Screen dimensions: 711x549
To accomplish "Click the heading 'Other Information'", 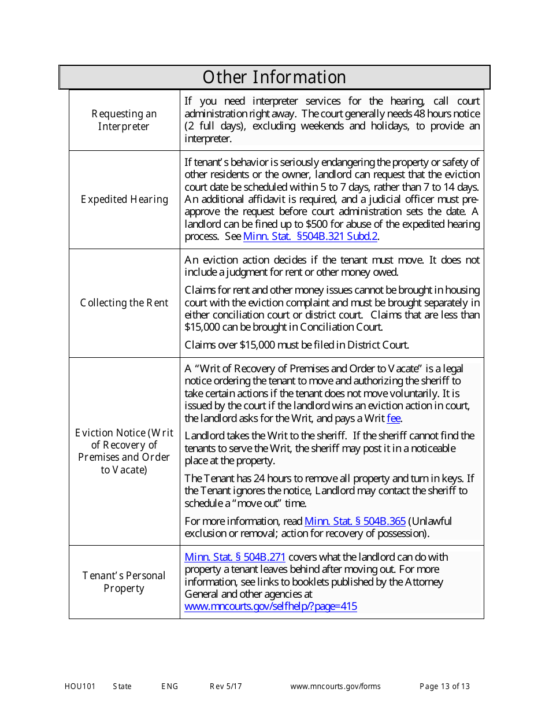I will [x=274, y=77].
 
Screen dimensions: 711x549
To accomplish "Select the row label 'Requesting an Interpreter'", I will [x=124, y=120].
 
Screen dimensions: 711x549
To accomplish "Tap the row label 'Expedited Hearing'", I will [x=124, y=199].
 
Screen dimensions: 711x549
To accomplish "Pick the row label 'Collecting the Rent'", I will [x=124, y=303].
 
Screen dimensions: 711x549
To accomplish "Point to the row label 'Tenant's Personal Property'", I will [x=124, y=582].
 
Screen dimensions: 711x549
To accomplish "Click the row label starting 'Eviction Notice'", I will [x=124, y=451].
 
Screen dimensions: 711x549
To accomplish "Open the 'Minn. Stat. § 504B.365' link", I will [x=355, y=521].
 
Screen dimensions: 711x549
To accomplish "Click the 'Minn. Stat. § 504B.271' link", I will [x=235, y=557].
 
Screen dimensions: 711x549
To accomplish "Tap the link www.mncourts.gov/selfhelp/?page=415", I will [x=270, y=606].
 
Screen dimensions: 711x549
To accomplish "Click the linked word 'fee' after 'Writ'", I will [x=394, y=419].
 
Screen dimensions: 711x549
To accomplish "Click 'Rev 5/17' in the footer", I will [x=225, y=687].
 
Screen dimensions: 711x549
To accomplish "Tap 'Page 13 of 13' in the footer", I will [x=444, y=687].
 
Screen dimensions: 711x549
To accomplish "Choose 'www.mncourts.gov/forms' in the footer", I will [x=335, y=687].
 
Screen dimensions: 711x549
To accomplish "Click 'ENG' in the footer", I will [x=169, y=687].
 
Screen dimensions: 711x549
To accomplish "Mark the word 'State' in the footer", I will [x=122, y=687].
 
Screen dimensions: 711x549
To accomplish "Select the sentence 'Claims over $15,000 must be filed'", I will [x=296, y=345].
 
